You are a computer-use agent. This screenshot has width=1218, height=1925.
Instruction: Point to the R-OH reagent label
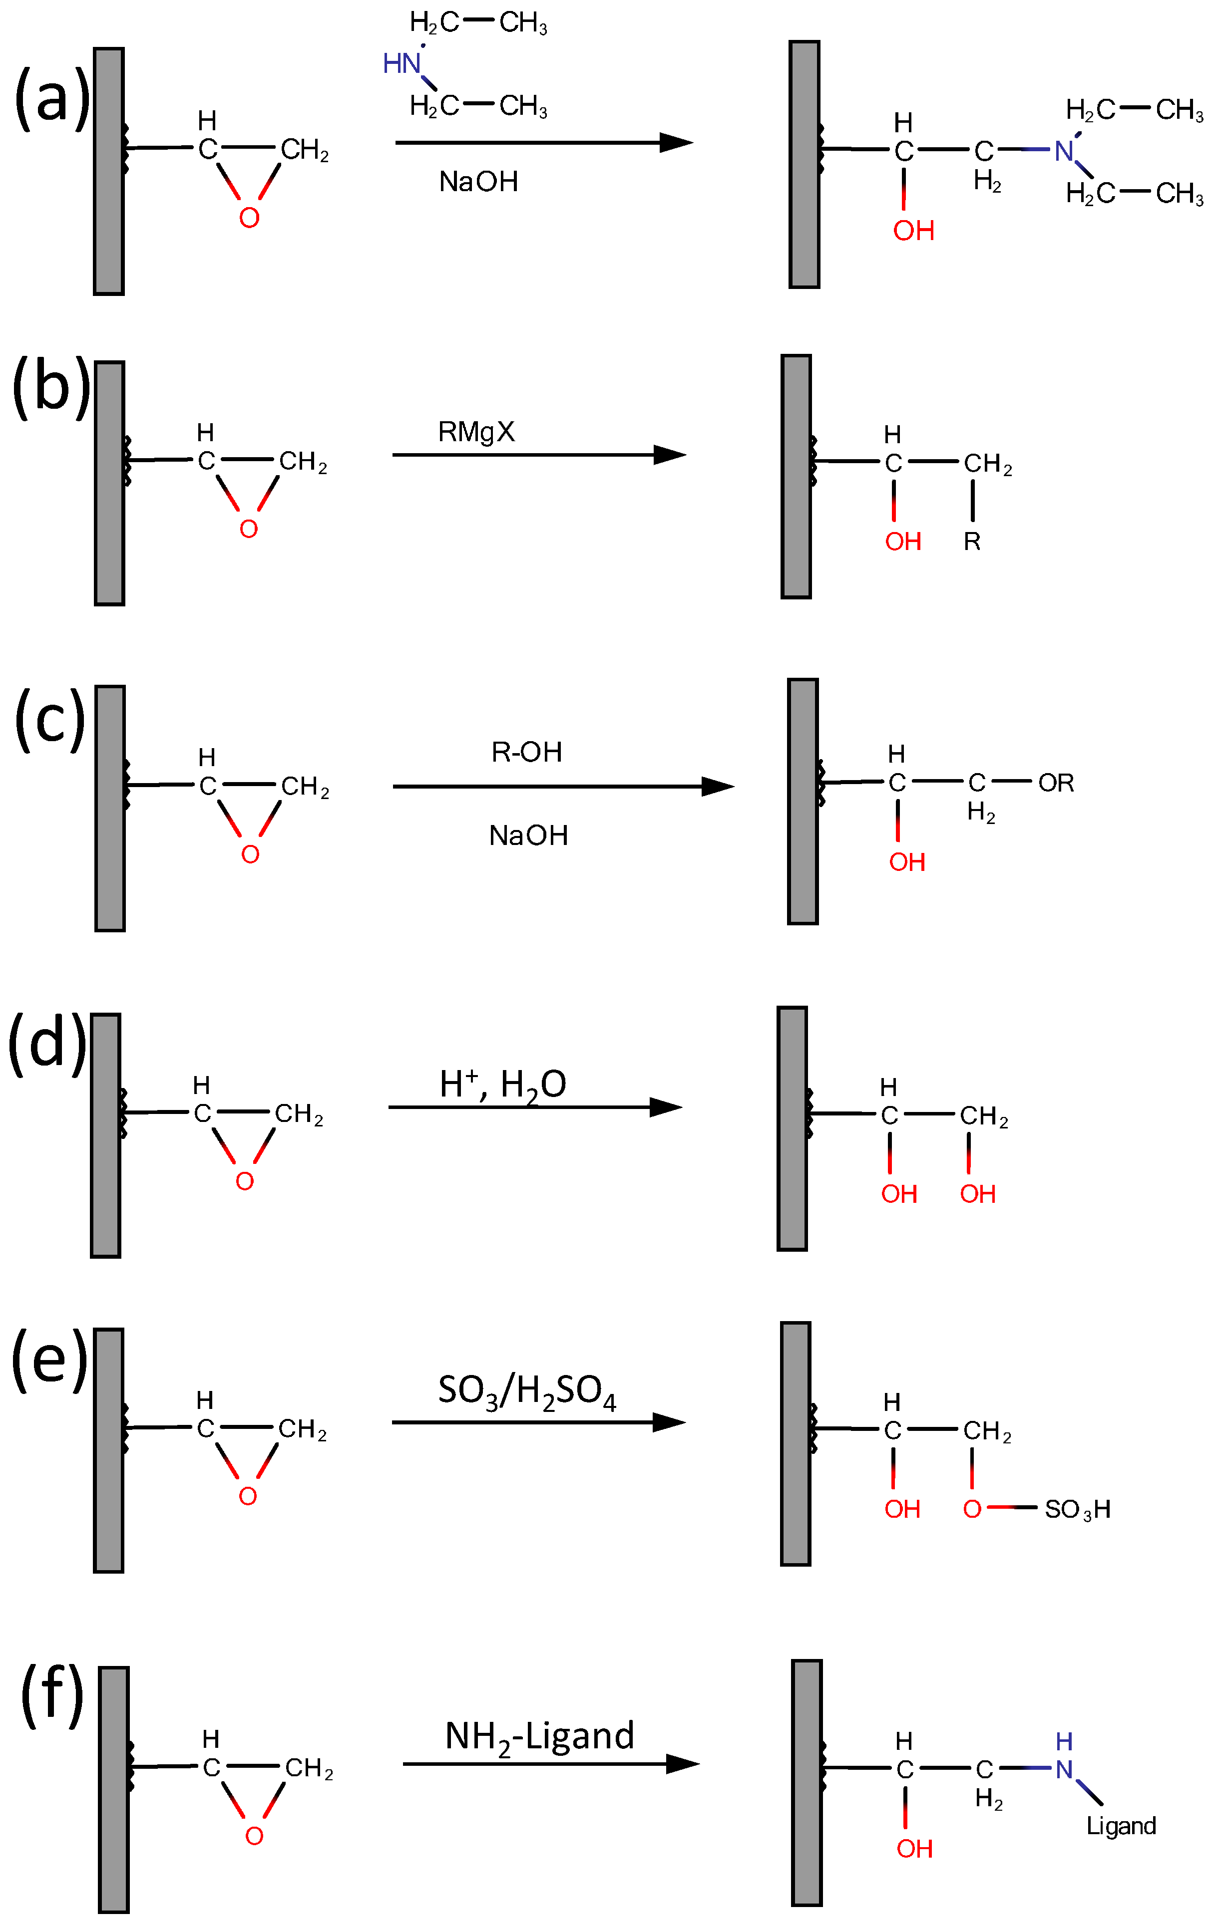coord(526,752)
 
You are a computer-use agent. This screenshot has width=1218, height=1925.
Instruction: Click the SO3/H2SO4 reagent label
coord(526,1392)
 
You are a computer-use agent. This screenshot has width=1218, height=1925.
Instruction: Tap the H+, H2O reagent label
coord(502,1086)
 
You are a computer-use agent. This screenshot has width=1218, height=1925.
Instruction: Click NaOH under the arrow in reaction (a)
coord(478,182)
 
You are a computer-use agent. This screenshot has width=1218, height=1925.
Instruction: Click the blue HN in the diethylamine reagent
coord(402,63)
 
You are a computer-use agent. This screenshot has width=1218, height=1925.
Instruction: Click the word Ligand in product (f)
coord(1121,1825)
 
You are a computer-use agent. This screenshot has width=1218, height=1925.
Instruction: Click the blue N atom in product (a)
coord(1064,150)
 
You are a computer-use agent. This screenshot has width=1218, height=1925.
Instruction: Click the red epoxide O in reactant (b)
coord(249,529)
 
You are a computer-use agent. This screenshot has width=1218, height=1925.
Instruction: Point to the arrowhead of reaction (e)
coord(670,1423)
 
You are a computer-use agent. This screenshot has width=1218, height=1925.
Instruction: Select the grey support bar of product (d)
coord(792,1129)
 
